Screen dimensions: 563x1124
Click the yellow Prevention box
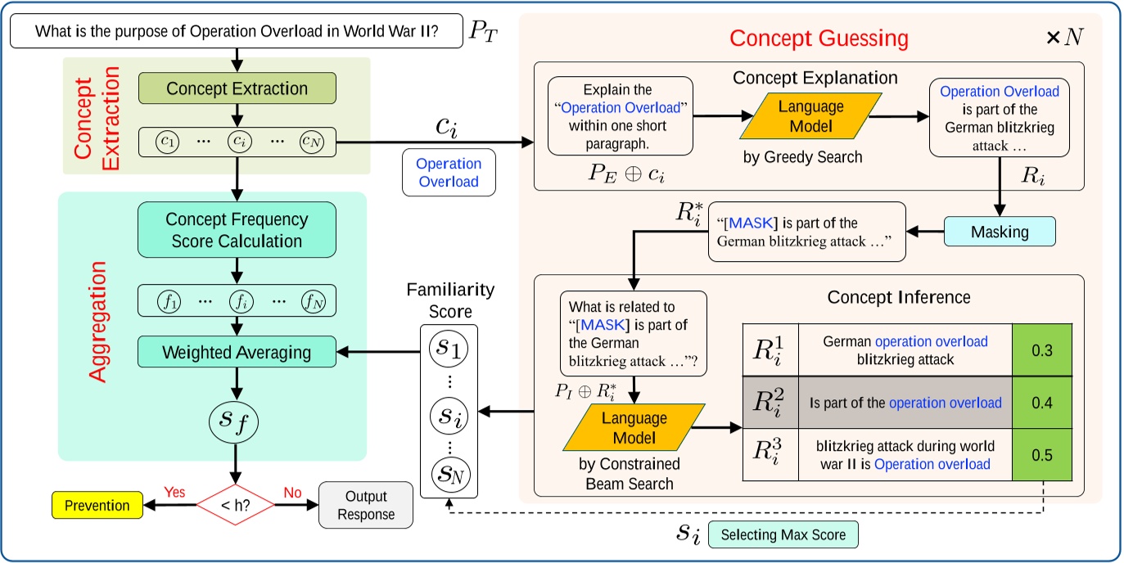click(x=97, y=505)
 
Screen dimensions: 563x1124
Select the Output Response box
click(x=365, y=506)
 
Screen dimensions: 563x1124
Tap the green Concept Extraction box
click(x=237, y=88)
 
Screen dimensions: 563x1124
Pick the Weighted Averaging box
click(x=237, y=353)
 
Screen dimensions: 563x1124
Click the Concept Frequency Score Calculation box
click(x=237, y=230)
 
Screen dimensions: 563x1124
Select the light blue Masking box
click(x=999, y=232)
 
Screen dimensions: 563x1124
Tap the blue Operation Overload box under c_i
click(x=449, y=172)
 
